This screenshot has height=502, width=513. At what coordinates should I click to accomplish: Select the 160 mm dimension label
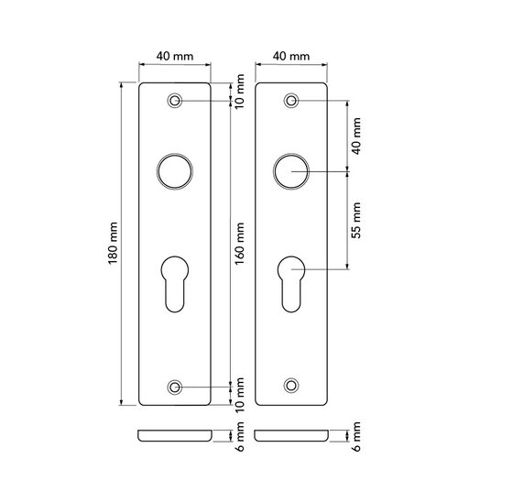pyautogui.click(x=239, y=243)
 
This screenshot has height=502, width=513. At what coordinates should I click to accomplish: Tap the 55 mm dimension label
pyautogui.click(x=357, y=220)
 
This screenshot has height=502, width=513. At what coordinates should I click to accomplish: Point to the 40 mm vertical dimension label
pyautogui.click(x=357, y=135)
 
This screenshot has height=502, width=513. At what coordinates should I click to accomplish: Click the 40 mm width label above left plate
pyautogui.click(x=174, y=56)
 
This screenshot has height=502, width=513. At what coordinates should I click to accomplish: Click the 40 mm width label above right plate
pyautogui.click(x=290, y=56)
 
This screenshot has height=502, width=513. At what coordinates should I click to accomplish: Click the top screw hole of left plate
pyautogui.click(x=175, y=101)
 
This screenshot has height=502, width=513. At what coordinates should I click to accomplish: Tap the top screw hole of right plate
pyautogui.click(x=291, y=101)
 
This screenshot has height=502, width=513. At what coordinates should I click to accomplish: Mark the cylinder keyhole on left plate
pyautogui.click(x=174, y=283)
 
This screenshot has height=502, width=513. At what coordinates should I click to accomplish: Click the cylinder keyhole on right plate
pyautogui.click(x=291, y=283)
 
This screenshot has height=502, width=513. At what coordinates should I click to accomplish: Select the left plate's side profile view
pyautogui.click(x=174, y=435)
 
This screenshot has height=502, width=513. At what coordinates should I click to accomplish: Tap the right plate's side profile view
pyautogui.click(x=291, y=435)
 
